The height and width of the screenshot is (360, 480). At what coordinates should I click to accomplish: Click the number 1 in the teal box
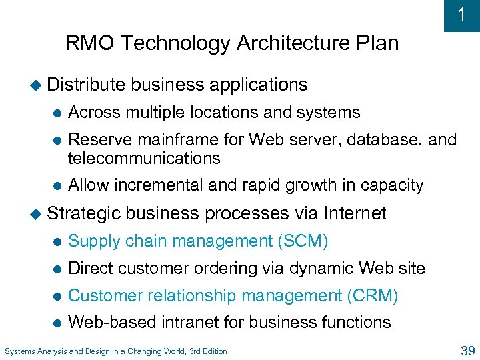(x=461, y=15)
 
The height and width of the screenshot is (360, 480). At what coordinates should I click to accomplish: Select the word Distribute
(x=86, y=85)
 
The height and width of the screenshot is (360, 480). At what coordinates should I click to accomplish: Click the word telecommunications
(x=144, y=158)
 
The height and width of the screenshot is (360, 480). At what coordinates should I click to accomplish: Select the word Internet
(x=354, y=213)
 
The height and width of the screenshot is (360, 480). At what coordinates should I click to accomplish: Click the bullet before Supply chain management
(x=59, y=241)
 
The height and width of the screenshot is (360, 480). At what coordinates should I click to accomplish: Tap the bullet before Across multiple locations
(x=59, y=113)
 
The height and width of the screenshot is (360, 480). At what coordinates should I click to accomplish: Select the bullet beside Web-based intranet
(x=59, y=323)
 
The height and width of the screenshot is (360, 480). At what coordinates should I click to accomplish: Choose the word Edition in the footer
(x=213, y=351)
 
